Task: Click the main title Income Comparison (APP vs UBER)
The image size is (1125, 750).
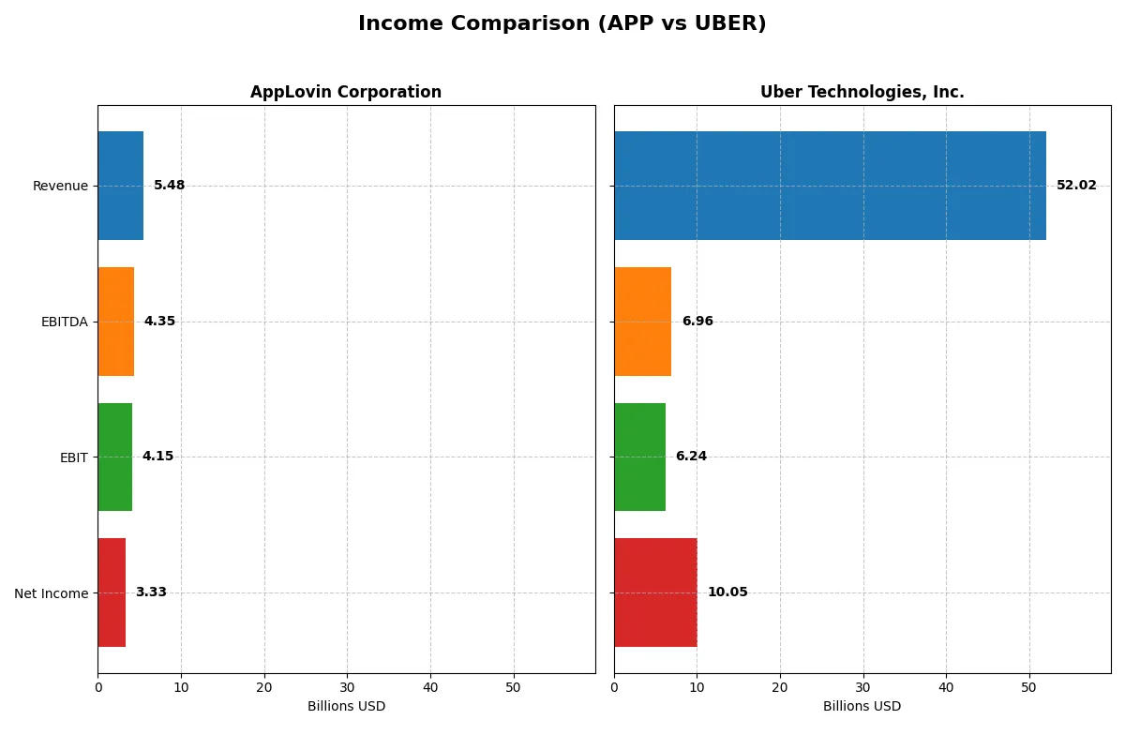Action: tap(562, 24)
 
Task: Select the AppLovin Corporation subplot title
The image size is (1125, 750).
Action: tap(345, 92)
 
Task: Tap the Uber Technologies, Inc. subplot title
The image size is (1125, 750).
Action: tap(862, 92)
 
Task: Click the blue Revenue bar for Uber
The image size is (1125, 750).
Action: tap(830, 186)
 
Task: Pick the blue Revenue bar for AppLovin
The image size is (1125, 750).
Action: tap(120, 186)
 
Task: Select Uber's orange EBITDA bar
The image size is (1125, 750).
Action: tap(642, 322)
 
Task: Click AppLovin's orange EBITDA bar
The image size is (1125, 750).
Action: tap(115, 322)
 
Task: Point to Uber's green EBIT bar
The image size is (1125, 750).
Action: tap(639, 457)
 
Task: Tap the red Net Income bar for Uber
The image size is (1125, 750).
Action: tap(655, 592)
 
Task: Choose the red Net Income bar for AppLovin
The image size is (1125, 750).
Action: tap(112, 592)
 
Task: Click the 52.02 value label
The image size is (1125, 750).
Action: tap(1076, 186)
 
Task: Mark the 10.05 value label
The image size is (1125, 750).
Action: tap(727, 592)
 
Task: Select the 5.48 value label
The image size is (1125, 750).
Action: tap(170, 186)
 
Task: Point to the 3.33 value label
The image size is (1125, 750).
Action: tap(151, 592)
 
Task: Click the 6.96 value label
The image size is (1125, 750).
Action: tap(697, 322)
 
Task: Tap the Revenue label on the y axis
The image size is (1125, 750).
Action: tap(60, 186)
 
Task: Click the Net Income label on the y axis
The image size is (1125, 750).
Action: tap(52, 592)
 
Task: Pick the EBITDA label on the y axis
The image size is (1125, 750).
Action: tap(64, 322)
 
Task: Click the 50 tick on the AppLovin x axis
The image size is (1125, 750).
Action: tap(513, 687)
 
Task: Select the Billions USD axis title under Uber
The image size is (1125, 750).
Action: tap(862, 706)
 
